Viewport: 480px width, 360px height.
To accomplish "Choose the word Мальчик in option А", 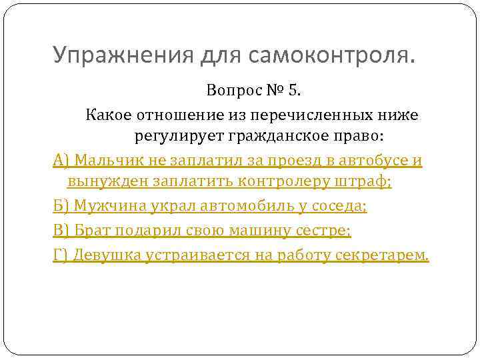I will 104,161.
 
